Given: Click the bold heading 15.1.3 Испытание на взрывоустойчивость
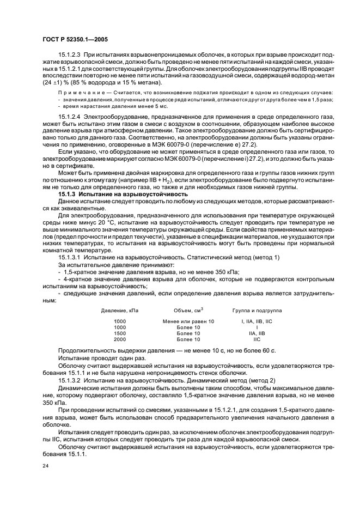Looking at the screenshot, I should click(123, 195).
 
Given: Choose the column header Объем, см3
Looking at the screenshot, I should click(188, 310).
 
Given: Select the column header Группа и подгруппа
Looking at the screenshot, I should click(257, 310).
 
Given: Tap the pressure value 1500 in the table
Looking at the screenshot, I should click(120, 333).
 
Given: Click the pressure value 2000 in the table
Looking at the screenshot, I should click(120, 339).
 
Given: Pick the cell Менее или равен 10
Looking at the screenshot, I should click(188, 321).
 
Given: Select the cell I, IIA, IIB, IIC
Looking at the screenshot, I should click(257, 321).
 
